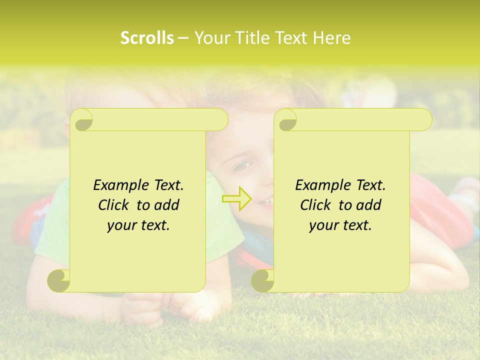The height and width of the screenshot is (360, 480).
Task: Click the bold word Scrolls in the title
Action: [x=147, y=38]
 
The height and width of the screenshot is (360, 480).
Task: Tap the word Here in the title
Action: [x=331, y=38]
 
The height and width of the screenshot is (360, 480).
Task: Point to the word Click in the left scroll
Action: [x=114, y=205]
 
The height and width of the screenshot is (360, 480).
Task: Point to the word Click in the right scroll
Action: [x=316, y=205]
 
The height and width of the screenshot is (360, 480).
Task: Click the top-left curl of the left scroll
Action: [x=82, y=120]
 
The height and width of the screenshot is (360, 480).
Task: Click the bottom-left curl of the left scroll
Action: [x=59, y=280]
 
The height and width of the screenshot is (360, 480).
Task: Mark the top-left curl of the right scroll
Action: [x=286, y=120]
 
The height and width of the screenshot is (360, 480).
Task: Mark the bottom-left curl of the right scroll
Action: [x=263, y=280]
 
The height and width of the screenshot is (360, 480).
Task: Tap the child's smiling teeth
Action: [x=267, y=201]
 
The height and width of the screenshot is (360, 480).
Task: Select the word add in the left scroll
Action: [x=166, y=205]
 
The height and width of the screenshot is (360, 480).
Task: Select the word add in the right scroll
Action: [x=368, y=205]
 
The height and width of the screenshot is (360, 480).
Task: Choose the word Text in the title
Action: [x=291, y=38]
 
